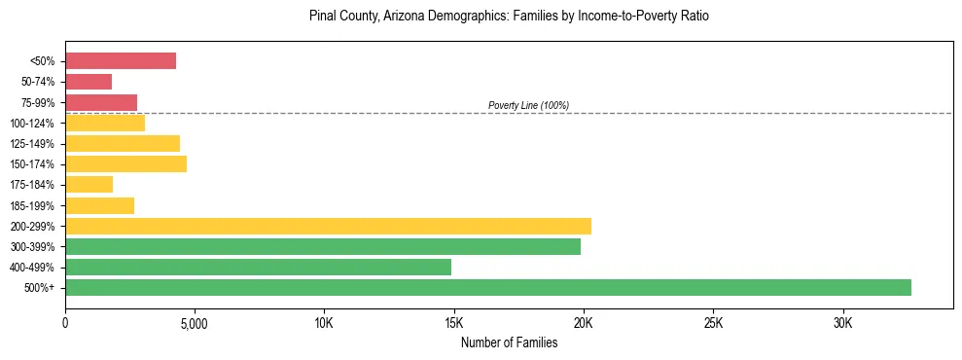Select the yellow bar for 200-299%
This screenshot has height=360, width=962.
[x=328, y=226]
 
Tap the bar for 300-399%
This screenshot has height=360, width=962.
[x=323, y=246]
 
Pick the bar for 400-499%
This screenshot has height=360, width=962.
[x=258, y=267]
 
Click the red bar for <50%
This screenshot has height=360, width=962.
[x=121, y=61]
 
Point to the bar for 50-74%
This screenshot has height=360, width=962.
[x=89, y=82]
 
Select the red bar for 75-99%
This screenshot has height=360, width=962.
[x=101, y=102]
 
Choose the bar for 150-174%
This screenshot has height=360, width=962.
[x=125, y=163]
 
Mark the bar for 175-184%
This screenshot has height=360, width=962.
[x=89, y=184]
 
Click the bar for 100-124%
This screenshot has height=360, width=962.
[x=105, y=123]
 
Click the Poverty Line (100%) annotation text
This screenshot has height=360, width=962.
[x=528, y=105]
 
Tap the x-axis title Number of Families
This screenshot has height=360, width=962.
[x=509, y=343]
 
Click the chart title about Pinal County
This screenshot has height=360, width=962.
[x=509, y=17]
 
